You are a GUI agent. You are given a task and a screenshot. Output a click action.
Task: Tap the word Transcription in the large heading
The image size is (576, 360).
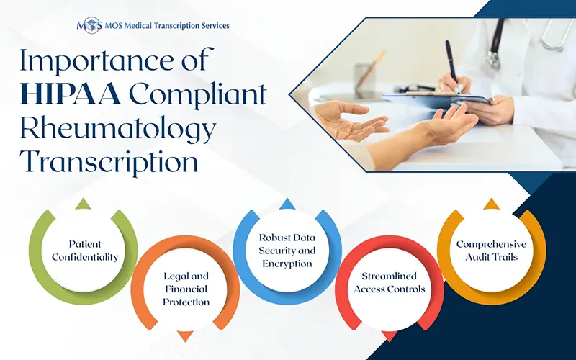point(109,162)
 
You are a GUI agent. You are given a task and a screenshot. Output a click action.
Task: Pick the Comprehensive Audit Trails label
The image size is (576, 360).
point(491,250)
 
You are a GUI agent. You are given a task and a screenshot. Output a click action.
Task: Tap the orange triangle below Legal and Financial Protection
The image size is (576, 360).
point(185,336)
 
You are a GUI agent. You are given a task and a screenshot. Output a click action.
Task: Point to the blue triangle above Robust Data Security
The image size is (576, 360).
point(286,204)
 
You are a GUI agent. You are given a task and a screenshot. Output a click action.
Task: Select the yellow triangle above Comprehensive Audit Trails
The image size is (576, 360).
point(491,204)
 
